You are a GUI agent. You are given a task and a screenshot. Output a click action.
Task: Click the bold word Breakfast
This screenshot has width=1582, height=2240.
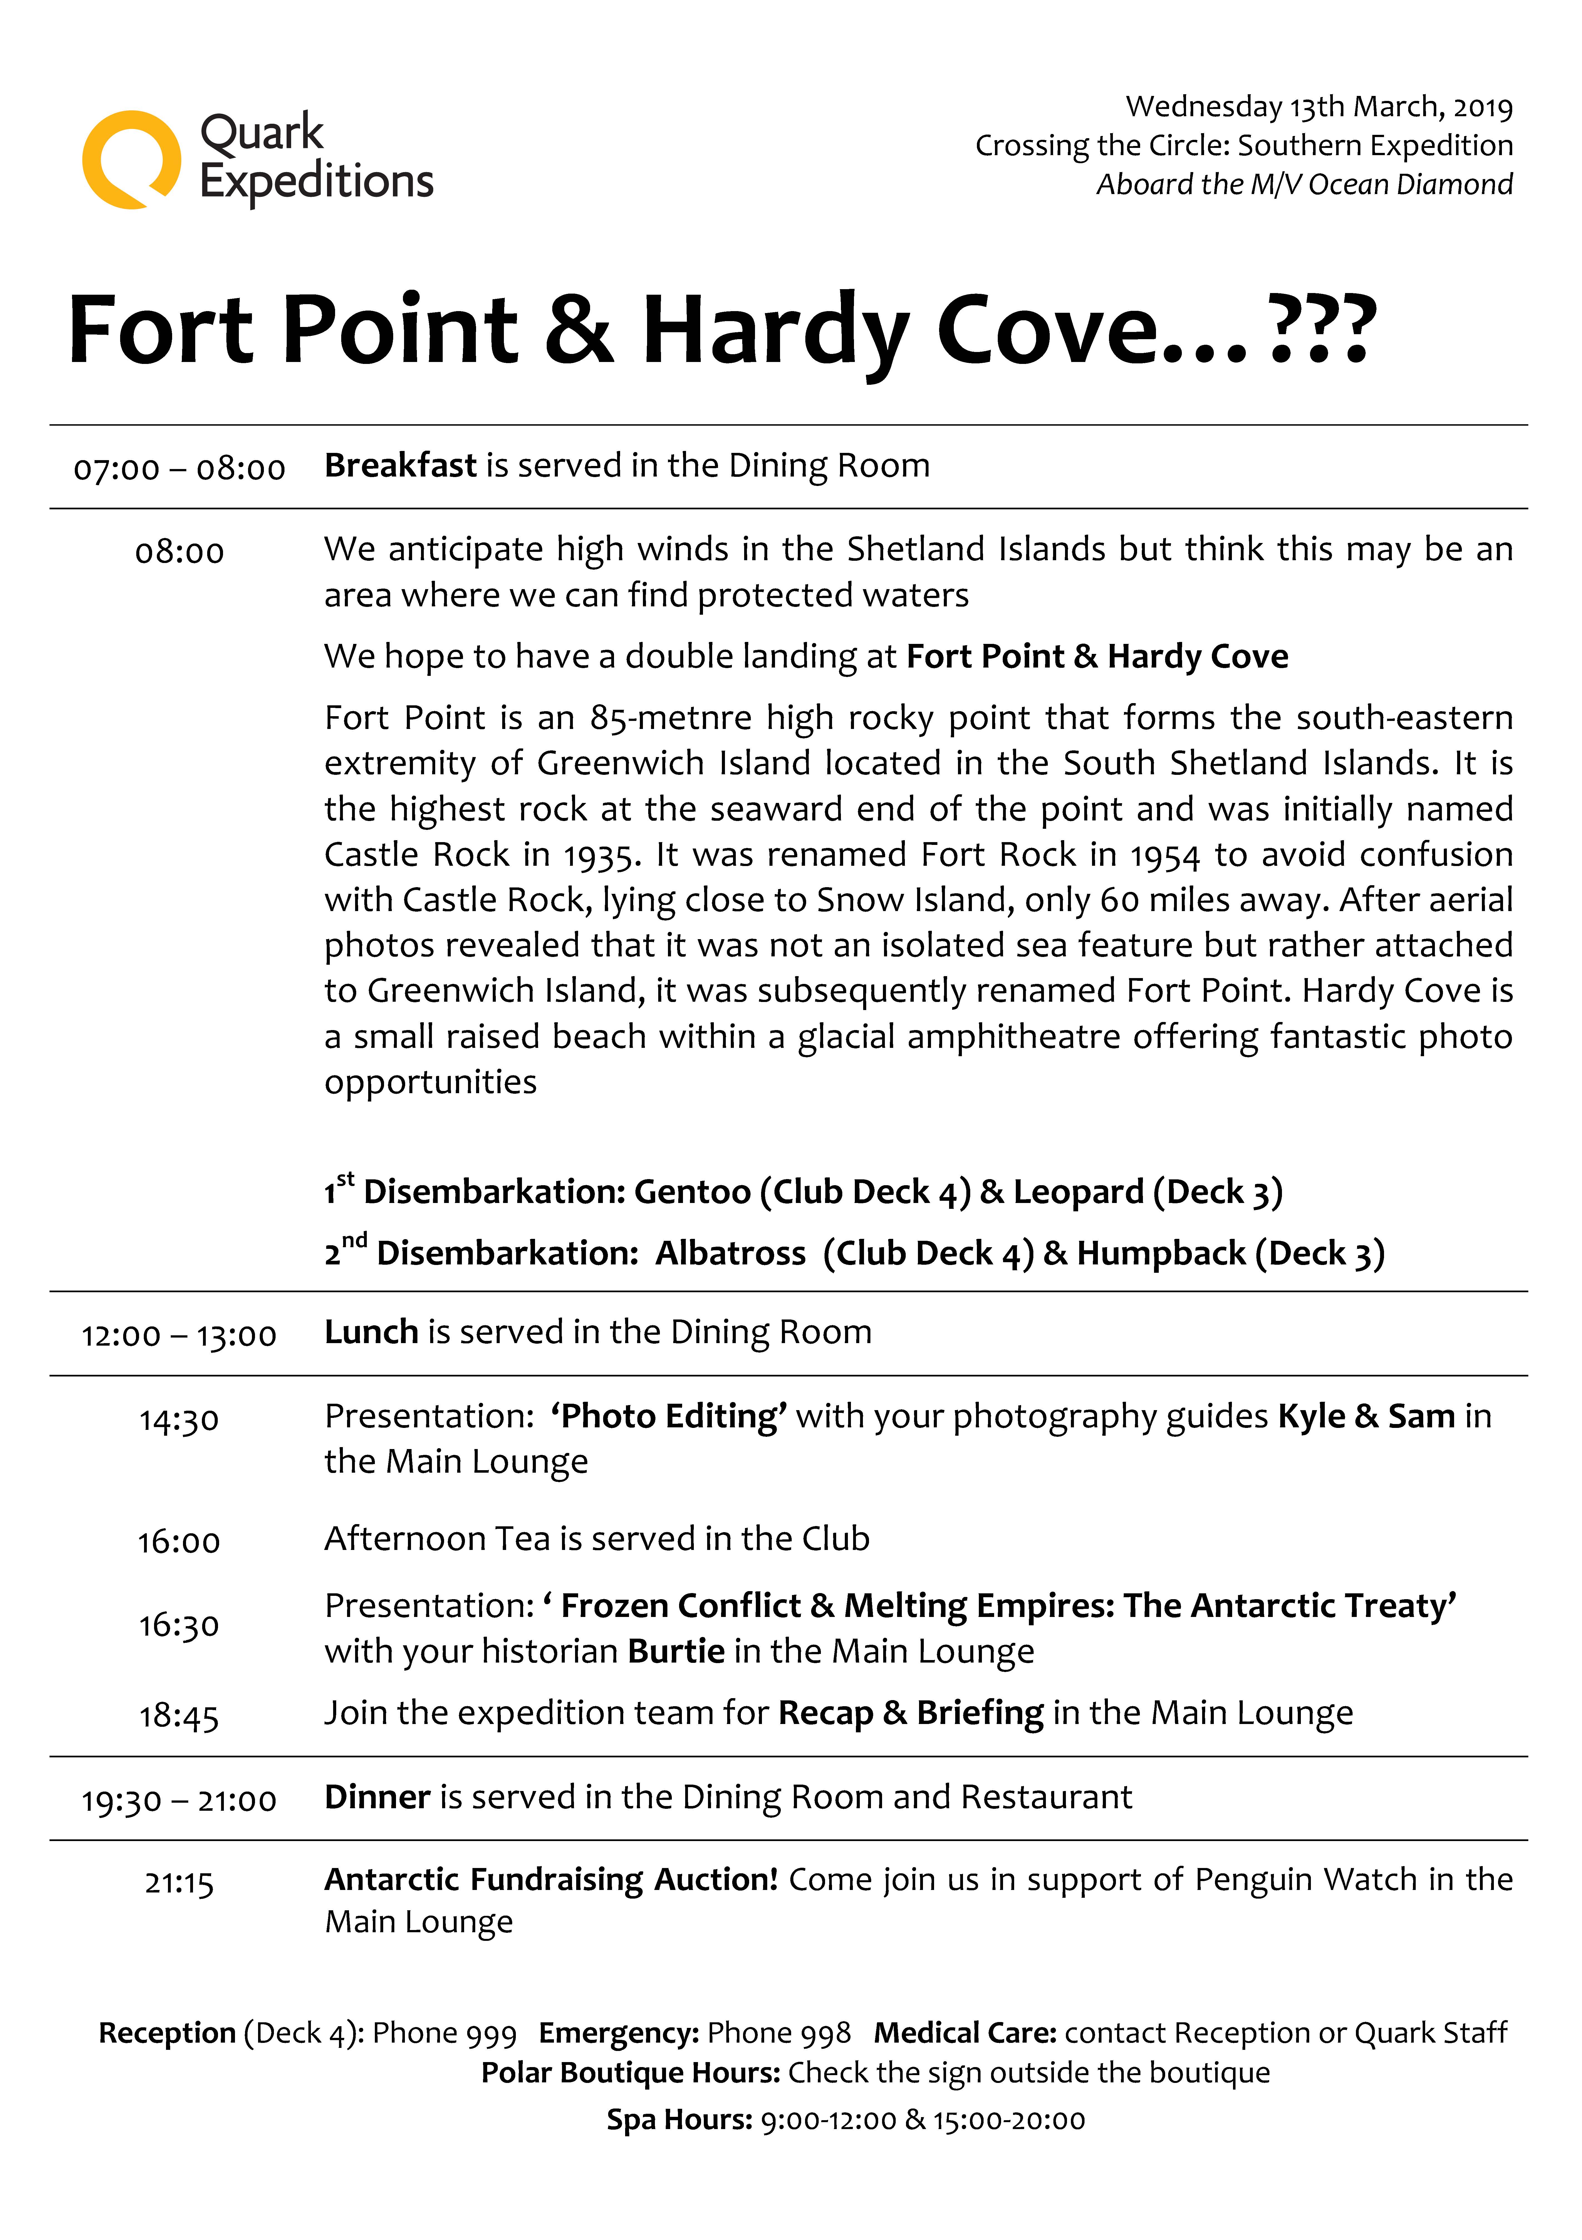click(x=400, y=465)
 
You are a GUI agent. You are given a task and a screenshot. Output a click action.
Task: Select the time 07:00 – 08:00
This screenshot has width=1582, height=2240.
click(x=180, y=469)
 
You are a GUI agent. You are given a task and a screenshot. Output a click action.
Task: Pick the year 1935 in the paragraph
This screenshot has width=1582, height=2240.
click(x=601, y=856)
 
